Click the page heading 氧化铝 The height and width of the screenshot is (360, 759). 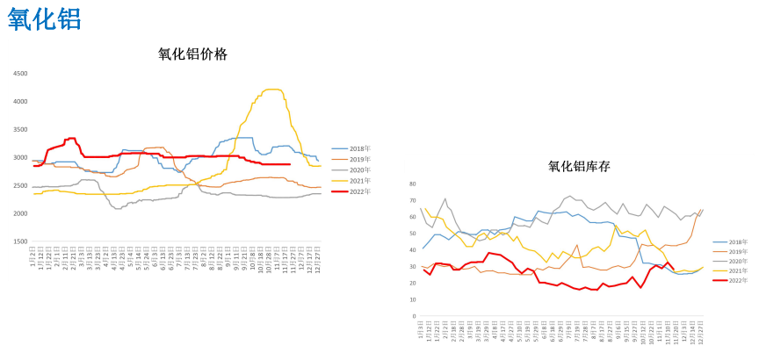46,19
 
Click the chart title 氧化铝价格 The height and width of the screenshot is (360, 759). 192,54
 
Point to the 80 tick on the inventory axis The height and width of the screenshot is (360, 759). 412,184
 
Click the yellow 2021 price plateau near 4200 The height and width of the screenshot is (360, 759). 272,90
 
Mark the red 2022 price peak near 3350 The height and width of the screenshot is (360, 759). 71,138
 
